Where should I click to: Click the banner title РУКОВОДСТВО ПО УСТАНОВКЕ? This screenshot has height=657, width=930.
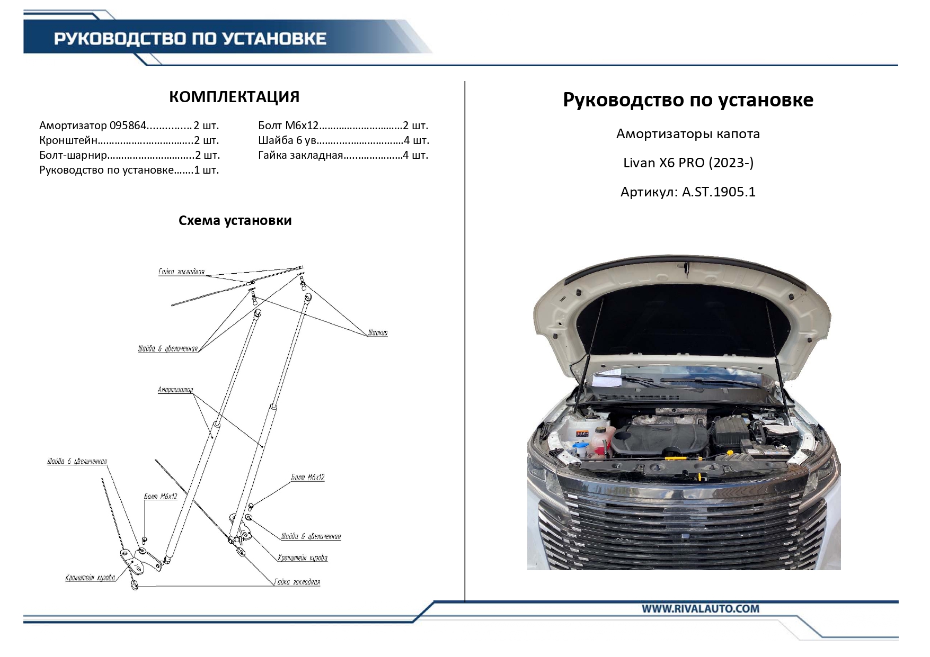pyautogui.click(x=190, y=39)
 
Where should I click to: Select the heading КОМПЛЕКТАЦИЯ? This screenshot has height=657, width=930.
pyautogui.click(x=234, y=97)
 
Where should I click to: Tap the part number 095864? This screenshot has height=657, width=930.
pyautogui.click(x=128, y=126)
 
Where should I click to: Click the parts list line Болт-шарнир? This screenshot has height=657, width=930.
pyautogui.click(x=129, y=156)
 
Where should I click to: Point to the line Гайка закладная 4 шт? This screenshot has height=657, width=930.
pyautogui.click(x=343, y=156)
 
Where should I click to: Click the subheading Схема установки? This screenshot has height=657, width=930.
pyautogui.click(x=235, y=221)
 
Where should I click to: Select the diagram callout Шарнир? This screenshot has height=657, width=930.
pyautogui.click(x=377, y=333)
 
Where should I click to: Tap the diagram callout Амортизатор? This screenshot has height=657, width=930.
pyautogui.click(x=175, y=390)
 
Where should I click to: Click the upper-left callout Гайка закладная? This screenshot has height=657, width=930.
pyautogui.click(x=181, y=272)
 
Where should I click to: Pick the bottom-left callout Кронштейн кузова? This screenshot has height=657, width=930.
pyautogui.click(x=90, y=578)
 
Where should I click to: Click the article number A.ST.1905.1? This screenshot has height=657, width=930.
pyautogui.click(x=718, y=192)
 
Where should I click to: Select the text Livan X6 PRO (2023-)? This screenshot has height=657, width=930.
pyautogui.click(x=688, y=163)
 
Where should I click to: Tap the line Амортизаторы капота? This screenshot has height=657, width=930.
pyautogui.click(x=688, y=134)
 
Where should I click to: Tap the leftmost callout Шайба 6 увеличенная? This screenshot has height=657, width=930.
pyautogui.click(x=77, y=462)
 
